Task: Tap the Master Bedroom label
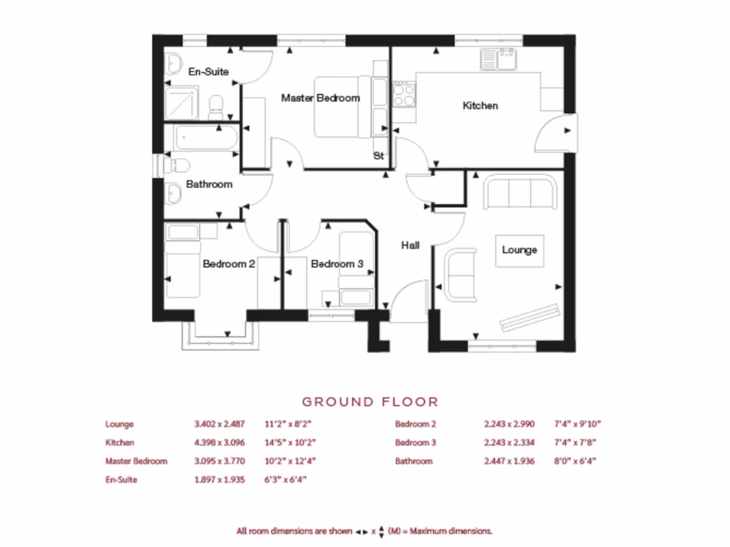(320, 98)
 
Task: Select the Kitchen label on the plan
(480, 105)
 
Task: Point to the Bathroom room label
(209, 184)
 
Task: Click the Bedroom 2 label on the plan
(229, 264)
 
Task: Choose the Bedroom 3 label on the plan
(337, 264)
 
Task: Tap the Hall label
(410, 245)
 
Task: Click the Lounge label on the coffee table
(519, 250)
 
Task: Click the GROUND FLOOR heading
(370, 402)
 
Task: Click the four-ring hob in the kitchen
(404, 94)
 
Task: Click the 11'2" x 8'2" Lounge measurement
(290, 424)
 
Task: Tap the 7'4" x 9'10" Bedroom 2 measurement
(577, 424)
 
